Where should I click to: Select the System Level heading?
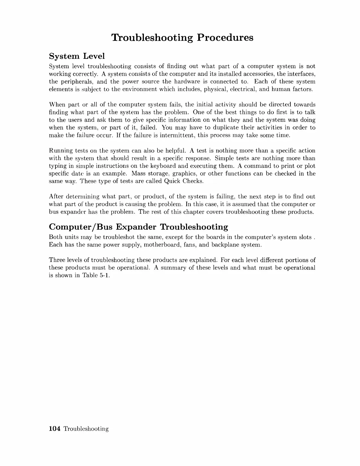pos(77,56)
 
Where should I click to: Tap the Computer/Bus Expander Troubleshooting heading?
pos(138,227)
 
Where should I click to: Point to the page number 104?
pos(55,429)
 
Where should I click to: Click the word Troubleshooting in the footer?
pos(86,429)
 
